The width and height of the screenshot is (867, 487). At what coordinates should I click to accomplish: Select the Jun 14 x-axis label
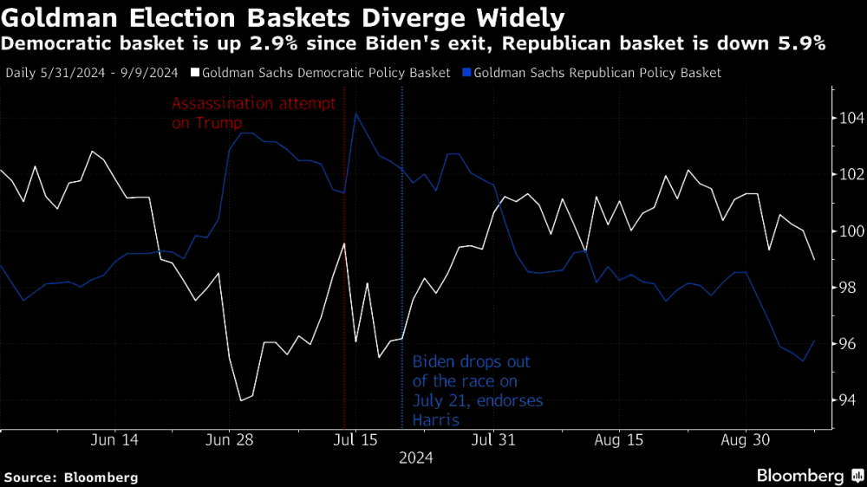[x=114, y=440]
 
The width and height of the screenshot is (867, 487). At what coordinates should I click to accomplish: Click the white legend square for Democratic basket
[x=196, y=74]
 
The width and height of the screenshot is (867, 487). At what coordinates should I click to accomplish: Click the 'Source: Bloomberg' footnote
[x=71, y=477]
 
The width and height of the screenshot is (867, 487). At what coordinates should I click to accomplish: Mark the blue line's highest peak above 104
[x=355, y=114]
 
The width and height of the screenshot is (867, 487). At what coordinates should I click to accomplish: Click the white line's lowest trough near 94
[x=240, y=400]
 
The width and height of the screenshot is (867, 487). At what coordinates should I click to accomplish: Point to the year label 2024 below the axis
[x=416, y=458]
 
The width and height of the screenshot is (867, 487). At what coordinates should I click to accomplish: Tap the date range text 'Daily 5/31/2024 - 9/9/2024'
[x=94, y=74]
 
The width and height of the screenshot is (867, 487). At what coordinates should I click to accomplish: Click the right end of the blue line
[x=813, y=341]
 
